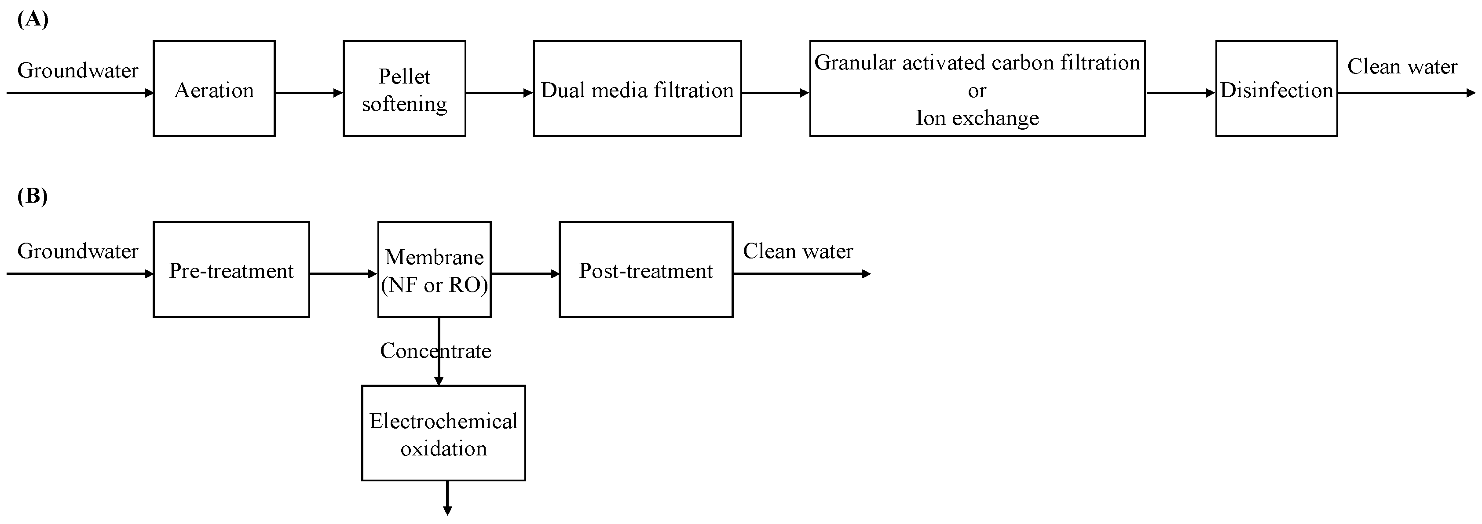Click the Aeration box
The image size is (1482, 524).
point(214,89)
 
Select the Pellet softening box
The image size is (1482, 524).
point(404,89)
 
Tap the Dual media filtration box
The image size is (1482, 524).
point(637,89)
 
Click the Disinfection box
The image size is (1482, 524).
point(1276,89)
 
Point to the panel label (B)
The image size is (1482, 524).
point(33,196)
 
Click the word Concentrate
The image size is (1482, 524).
point(435,351)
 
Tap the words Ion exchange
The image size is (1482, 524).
point(977,118)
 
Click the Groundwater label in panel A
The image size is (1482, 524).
point(78,70)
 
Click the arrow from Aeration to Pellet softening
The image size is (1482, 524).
point(309,93)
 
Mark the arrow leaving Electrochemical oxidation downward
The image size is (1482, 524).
point(447,498)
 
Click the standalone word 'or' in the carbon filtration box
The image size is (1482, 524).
point(977,90)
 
